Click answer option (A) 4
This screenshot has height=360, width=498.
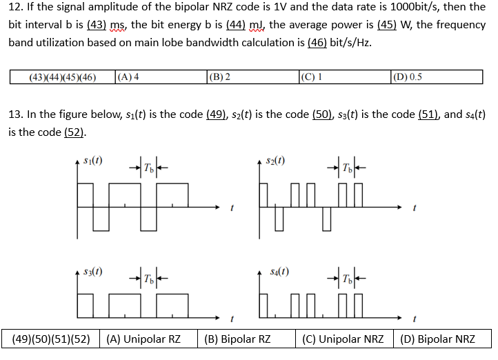129,77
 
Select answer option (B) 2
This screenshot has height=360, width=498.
219,77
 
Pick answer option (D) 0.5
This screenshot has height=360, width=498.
406,77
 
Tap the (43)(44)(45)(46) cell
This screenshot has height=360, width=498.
62,77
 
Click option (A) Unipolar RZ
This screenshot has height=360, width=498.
143,339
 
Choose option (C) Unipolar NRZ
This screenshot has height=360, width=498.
343,339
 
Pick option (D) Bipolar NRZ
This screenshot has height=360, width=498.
437,339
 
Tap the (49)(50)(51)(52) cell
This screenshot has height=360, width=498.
52,339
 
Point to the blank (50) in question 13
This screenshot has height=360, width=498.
321,114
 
